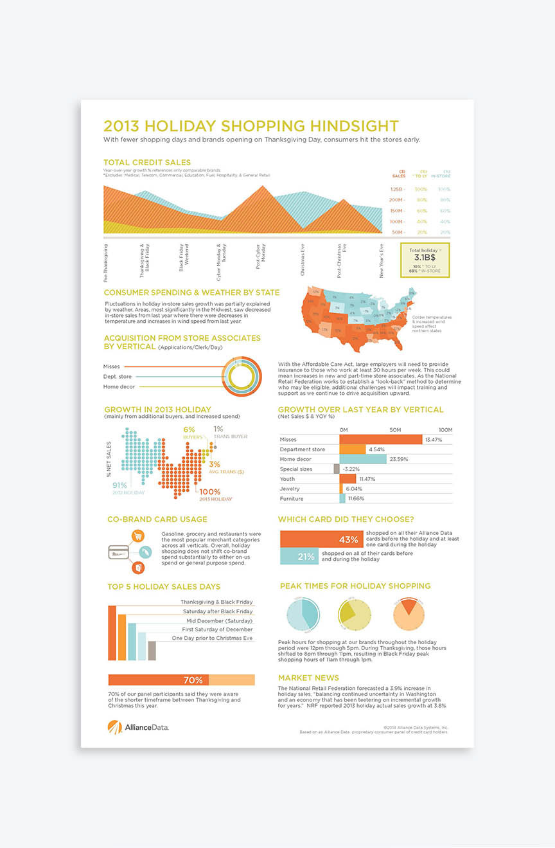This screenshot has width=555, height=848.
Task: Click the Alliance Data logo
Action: pyautogui.click(x=138, y=726)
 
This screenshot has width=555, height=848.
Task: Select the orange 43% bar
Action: pyautogui.click(x=321, y=539)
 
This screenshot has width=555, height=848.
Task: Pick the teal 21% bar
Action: pyautogui.click(x=299, y=556)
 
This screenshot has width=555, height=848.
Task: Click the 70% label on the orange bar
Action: pyautogui.click(x=193, y=680)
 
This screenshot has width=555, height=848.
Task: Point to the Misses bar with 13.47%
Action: pyautogui.click(x=380, y=439)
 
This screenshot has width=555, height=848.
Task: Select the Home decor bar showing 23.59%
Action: pyautogui.click(x=363, y=459)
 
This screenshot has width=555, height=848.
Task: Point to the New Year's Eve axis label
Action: pyautogui.click(x=381, y=260)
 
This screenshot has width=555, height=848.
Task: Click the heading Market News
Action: pyautogui.click(x=308, y=678)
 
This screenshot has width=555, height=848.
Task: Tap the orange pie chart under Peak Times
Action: pyautogui.click(x=409, y=614)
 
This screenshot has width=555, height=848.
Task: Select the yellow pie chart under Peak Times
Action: pyautogui.click(x=355, y=614)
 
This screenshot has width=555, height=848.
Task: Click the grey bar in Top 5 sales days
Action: pyautogui.click(x=152, y=651)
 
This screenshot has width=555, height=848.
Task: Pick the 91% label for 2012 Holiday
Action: pyautogui.click(x=119, y=485)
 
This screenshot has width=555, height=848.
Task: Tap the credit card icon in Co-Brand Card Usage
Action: pyautogui.click(x=118, y=552)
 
